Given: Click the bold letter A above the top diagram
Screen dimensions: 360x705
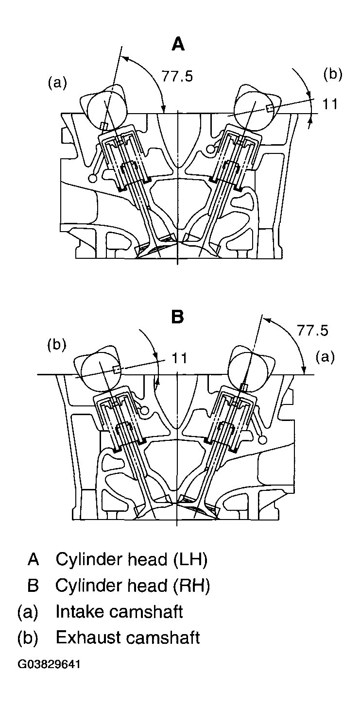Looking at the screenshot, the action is pyautogui.click(x=178, y=44).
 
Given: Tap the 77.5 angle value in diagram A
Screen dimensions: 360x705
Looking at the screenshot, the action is pyautogui.click(x=177, y=77).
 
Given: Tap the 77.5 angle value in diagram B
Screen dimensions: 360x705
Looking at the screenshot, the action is pyautogui.click(x=312, y=331).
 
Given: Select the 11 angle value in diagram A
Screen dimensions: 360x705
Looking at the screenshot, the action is pyautogui.click(x=330, y=104).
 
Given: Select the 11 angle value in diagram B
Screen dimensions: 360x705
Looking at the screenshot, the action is pyautogui.click(x=180, y=358).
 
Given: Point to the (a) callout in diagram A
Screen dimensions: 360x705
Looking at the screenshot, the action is pyautogui.click(x=57, y=83).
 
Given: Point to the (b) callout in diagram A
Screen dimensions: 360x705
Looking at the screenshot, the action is pyautogui.click(x=333, y=74).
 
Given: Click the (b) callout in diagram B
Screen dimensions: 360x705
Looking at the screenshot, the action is pyautogui.click(x=57, y=345).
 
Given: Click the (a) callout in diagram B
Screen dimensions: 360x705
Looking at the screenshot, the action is pyautogui.click(x=326, y=357).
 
